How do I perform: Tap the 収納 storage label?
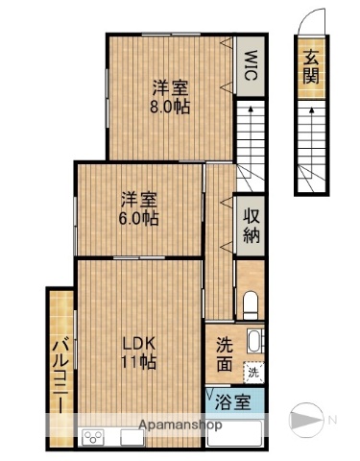[x=252, y=225]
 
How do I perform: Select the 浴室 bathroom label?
[x=233, y=402]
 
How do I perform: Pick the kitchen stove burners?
[x=94, y=438]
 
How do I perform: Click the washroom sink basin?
[x=253, y=342]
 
